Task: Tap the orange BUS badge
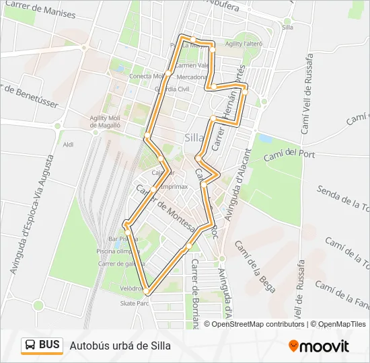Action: click(42, 346)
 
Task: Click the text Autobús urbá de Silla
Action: click(120, 346)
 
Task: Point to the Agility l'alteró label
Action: click(244, 44)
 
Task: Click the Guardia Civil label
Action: click(172, 89)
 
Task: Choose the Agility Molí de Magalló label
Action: click(104, 121)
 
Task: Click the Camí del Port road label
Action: click(289, 155)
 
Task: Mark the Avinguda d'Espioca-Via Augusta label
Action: click(32, 214)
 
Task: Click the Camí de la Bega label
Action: click(254, 266)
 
